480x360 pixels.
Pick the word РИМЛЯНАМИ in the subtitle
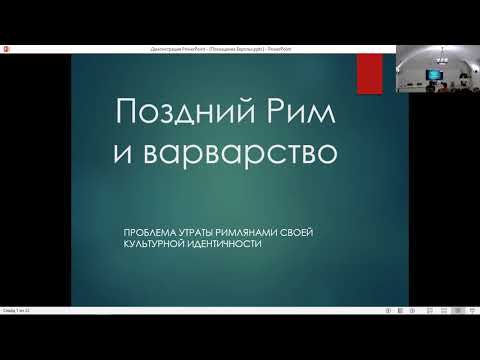pos(255,231)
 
